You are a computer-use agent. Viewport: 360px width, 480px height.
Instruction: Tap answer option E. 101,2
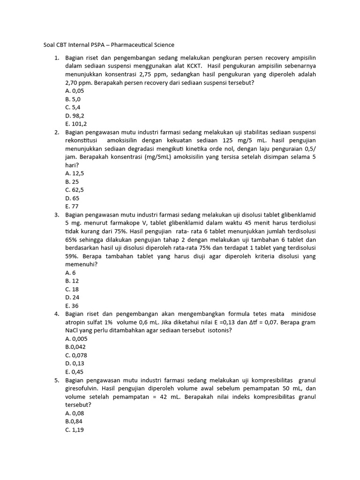coord(76,124)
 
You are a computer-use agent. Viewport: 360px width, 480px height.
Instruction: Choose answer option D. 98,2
coord(75,115)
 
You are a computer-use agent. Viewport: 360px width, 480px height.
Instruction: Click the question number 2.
coord(56,132)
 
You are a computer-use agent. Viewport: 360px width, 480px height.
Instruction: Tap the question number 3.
coord(56,215)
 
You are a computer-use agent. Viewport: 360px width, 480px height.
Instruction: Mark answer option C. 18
coord(72,289)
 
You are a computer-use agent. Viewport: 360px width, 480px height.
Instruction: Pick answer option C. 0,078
coord(77,355)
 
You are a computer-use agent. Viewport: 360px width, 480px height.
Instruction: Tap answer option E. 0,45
coord(75,372)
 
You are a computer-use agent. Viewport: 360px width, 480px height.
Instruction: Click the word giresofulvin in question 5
coord(82,388)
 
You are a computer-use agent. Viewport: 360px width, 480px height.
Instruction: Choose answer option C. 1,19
coord(75,429)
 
